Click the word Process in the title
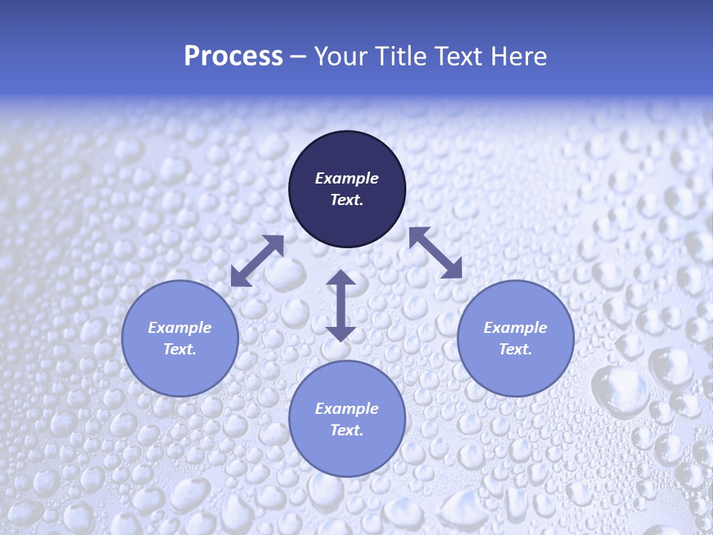click(x=233, y=56)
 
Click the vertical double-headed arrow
click(x=341, y=305)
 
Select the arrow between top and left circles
click(x=258, y=261)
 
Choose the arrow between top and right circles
click(x=435, y=253)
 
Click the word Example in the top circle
click(x=347, y=178)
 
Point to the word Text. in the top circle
click(x=347, y=200)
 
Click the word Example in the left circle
click(x=180, y=328)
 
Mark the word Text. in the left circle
click(x=180, y=349)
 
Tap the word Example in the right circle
click(x=515, y=328)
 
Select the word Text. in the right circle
click(x=515, y=349)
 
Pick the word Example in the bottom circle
click(x=347, y=409)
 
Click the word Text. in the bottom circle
click(x=347, y=430)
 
